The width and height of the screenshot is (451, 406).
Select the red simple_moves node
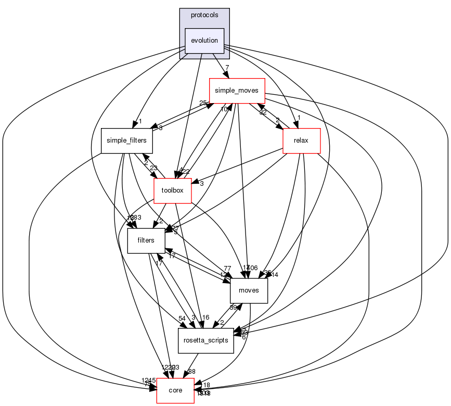pyautogui.click(x=237, y=91)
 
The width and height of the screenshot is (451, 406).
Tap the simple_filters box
pyautogui.click(x=126, y=141)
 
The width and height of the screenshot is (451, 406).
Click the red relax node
pyautogui.click(x=301, y=141)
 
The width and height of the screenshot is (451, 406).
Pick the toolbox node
pyautogui.click(x=173, y=191)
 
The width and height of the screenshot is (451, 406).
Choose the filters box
pyautogui.click(x=146, y=240)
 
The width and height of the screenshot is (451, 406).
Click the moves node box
pyautogui.click(x=249, y=290)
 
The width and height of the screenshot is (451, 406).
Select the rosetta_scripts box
pyautogui.click(x=205, y=340)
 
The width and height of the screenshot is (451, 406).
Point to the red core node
pyautogui.click(x=176, y=390)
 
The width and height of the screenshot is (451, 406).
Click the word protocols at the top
pyautogui.click(x=204, y=15)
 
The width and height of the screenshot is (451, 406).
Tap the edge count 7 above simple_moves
pyautogui.click(x=227, y=68)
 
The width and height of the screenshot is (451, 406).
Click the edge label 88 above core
pyautogui.click(x=191, y=371)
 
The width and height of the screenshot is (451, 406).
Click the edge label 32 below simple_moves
pyautogui.click(x=263, y=112)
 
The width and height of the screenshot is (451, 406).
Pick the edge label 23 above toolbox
pyautogui.click(x=153, y=168)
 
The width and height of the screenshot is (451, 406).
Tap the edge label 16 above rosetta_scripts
pyautogui.click(x=205, y=318)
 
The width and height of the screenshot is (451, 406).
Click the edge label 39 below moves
pyautogui.click(x=234, y=307)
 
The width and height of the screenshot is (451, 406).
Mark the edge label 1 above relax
pyautogui.click(x=299, y=118)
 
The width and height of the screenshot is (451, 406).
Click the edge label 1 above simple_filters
pyautogui.click(x=140, y=121)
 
